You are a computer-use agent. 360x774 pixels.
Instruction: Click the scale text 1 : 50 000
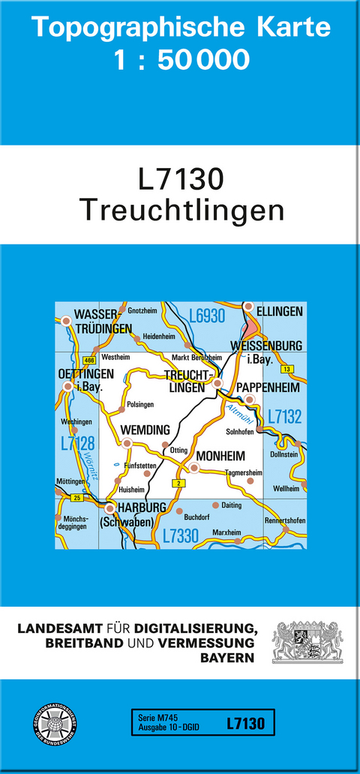pyautogui.click(x=181, y=58)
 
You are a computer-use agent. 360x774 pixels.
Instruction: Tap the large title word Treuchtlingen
pyautogui.click(x=181, y=210)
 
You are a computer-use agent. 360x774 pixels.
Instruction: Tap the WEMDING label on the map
pyautogui.click(x=145, y=430)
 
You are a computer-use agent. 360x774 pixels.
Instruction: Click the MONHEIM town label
pyautogui.click(x=220, y=455)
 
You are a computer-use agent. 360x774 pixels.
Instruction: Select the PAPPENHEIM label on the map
pyautogui.click(x=268, y=387)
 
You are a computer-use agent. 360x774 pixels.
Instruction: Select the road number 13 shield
pyautogui.click(x=285, y=369)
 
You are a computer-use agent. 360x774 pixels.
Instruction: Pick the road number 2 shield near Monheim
pyautogui.click(x=178, y=483)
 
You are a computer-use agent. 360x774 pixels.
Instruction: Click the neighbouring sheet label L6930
pyautogui.click(x=207, y=316)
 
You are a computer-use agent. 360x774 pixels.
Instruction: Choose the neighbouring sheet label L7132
pyautogui.click(x=285, y=417)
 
